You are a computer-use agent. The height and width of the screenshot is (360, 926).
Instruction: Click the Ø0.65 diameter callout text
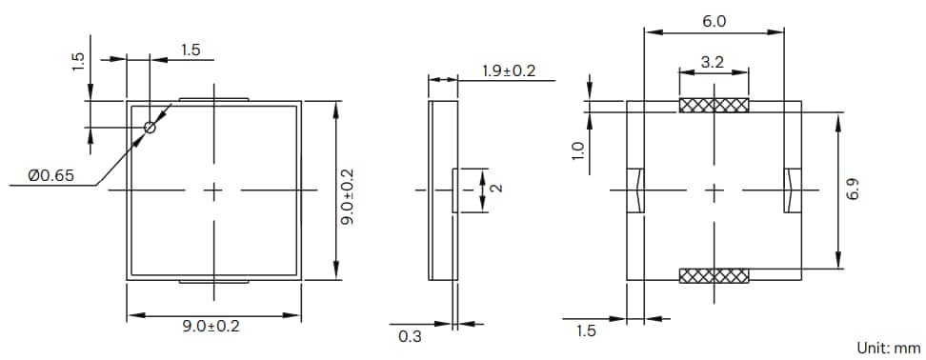pyautogui.click(x=48, y=175)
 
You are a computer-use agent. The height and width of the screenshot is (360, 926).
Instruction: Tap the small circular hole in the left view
pyautogui.click(x=150, y=128)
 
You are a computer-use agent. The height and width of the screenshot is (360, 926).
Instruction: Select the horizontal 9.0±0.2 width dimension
pyautogui.click(x=211, y=327)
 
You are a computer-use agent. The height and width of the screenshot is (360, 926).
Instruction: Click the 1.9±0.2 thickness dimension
pyautogui.click(x=509, y=70)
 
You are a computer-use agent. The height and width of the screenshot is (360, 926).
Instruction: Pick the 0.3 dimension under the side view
pyautogui.click(x=411, y=334)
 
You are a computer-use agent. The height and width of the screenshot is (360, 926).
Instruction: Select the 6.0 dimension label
pyautogui.click(x=714, y=20)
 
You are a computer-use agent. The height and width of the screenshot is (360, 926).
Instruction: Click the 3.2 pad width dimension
pyautogui.click(x=713, y=62)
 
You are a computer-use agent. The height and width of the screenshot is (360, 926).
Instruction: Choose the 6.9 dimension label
pyautogui.click(x=855, y=191)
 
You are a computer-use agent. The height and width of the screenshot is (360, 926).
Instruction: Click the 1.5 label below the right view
pyautogui.click(x=586, y=330)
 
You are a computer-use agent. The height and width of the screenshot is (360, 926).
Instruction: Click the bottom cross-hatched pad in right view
pyautogui.click(x=714, y=276)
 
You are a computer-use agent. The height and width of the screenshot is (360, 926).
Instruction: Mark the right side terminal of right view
pyautogui.click(x=792, y=190)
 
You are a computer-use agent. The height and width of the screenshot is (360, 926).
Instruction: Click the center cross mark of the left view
pyautogui.click(x=214, y=190)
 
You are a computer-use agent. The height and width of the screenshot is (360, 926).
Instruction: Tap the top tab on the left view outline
pyautogui.click(x=214, y=98)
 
